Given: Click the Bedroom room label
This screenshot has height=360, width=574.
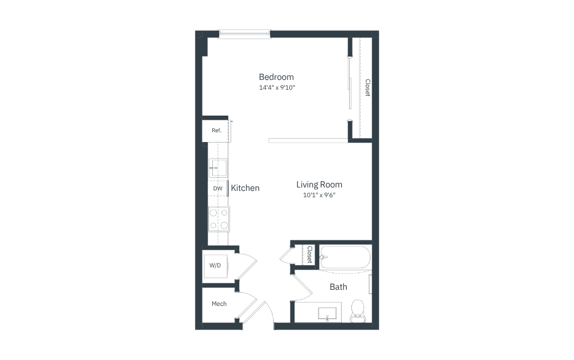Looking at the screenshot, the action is (x=276, y=77).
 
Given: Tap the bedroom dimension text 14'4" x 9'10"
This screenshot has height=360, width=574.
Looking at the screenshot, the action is (x=277, y=87).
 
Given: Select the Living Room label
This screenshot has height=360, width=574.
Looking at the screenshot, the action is (x=319, y=185).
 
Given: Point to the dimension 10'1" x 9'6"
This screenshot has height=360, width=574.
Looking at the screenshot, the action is (x=319, y=195).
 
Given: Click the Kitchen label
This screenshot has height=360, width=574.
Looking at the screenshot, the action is (x=245, y=188).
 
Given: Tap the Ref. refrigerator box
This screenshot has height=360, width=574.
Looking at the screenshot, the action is (x=216, y=131).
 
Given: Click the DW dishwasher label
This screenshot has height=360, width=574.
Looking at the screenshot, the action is (x=217, y=189).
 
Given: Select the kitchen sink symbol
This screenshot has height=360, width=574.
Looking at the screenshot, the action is (x=218, y=168).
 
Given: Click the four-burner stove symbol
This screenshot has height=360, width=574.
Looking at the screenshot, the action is (x=219, y=219).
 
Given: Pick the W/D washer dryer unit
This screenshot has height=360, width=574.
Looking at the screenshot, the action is (x=215, y=266).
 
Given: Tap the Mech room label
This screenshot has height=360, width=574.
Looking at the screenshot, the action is (x=219, y=304).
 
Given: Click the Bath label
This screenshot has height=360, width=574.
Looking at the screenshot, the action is (x=338, y=287).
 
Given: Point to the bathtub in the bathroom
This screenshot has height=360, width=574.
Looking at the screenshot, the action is (x=345, y=258).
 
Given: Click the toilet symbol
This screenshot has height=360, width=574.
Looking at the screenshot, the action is (x=358, y=311).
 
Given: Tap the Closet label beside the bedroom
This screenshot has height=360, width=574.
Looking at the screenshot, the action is (x=368, y=88).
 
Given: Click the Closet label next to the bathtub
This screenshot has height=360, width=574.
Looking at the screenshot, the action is (x=309, y=254).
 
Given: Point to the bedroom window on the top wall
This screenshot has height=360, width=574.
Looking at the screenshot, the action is (x=244, y=34).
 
